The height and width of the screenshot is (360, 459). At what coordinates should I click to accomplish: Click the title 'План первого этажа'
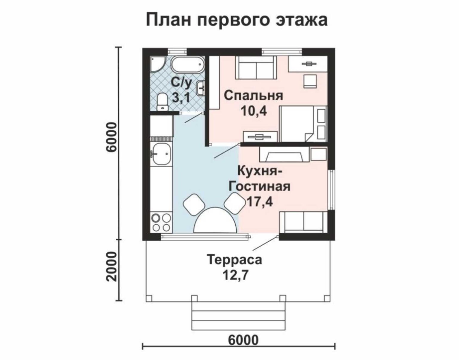(236, 20)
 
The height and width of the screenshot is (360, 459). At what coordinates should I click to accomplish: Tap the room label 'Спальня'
(253, 96)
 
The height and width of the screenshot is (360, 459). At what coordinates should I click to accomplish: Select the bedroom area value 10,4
(254, 111)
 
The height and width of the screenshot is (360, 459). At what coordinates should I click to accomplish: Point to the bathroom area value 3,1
(181, 98)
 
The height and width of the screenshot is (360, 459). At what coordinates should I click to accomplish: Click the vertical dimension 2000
(111, 266)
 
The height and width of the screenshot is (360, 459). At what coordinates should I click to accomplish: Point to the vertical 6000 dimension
(111, 137)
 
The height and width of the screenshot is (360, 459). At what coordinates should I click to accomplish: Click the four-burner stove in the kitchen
(161, 223)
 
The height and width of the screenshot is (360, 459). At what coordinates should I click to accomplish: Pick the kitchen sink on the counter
(162, 154)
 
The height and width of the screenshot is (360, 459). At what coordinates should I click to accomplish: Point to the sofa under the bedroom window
(256, 68)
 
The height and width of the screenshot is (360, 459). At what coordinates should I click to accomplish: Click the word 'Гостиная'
(260, 186)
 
